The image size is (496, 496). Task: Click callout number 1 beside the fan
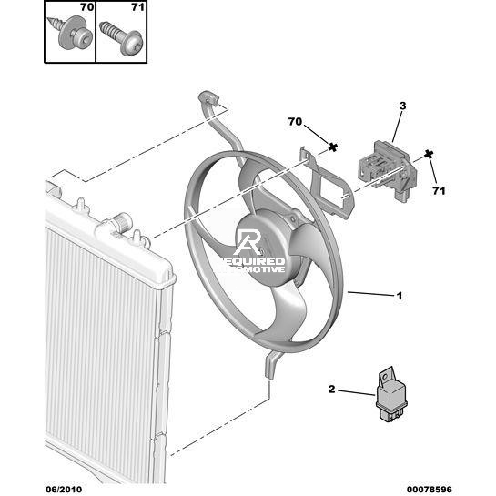tap(400, 296)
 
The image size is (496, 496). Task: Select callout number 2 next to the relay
tap(331, 390)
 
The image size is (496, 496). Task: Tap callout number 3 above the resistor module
tap(402, 106)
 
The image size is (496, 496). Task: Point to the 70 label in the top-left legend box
tap(87, 7)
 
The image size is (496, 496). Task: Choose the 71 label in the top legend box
tap(137, 7)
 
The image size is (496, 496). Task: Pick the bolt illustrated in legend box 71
tap(121, 38)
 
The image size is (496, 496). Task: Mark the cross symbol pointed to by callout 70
tap(332, 147)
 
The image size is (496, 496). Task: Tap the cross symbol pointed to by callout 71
tap(429, 155)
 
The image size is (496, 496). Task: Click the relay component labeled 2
tap(391, 394)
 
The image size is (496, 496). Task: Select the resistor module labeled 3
tap(387, 169)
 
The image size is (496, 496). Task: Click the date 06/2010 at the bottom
tap(64, 489)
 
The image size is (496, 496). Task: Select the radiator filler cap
tap(123, 221)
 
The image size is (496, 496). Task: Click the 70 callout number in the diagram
tap(295, 122)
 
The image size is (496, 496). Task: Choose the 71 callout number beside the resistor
tap(439, 191)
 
